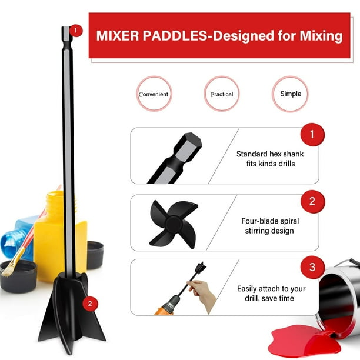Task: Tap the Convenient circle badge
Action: [154, 94]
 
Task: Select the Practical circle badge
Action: [222, 94]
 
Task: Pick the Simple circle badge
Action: [290, 94]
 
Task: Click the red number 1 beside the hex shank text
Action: [311, 135]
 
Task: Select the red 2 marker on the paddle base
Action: [89, 304]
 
